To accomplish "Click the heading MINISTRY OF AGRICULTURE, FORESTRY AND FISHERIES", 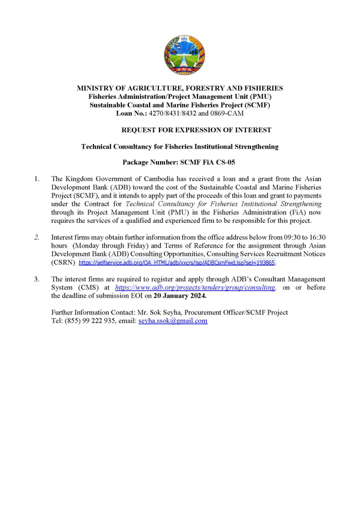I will point(179,88).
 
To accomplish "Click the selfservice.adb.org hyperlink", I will point(176,262).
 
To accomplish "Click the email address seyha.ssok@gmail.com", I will point(173,321).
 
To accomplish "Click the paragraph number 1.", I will point(37,179).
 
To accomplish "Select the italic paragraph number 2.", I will point(37,237).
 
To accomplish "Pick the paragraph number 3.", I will point(37,279).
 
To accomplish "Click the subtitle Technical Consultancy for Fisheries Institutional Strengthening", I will point(179,147).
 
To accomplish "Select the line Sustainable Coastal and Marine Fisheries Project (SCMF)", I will point(179,104).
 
